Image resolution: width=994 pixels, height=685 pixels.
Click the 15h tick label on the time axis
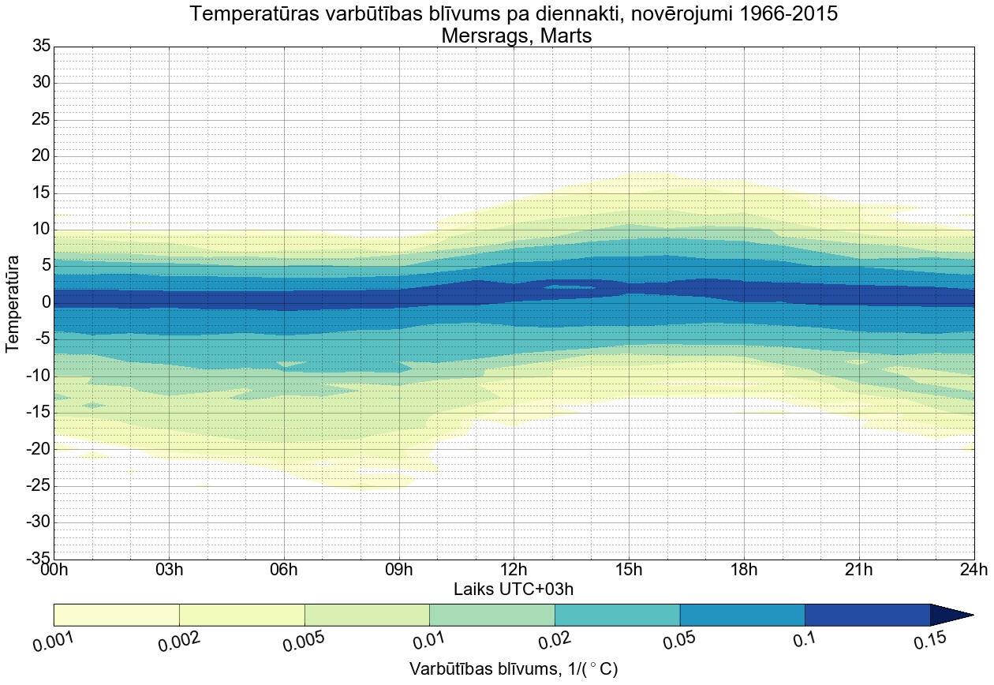(x=629, y=570)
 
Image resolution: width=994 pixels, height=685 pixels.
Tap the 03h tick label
(x=169, y=570)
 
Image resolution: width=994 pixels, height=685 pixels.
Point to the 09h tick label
(x=398, y=570)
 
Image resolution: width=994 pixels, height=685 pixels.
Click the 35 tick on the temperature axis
(x=41, y=47)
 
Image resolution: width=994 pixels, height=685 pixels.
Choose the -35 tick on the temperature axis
(x=36, y=559)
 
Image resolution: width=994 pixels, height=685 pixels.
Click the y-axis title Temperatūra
(x=13, y=303)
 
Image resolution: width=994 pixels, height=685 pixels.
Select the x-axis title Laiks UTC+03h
(x=514, y=590)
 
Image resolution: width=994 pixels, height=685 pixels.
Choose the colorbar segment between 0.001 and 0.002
(x=116, y=615)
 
